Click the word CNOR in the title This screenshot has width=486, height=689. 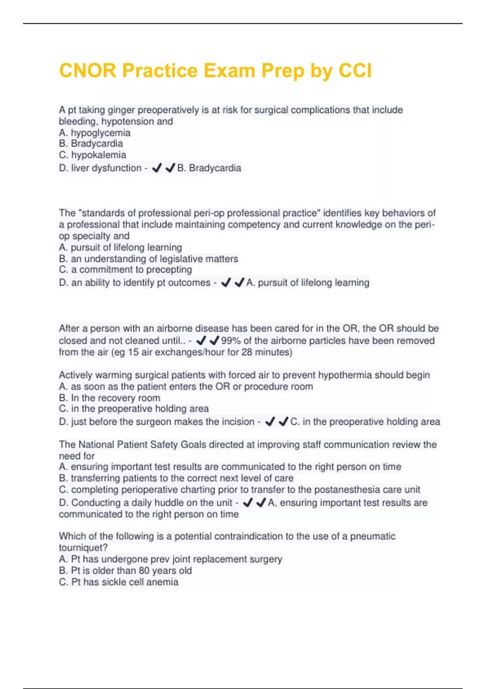(x=87, y=71)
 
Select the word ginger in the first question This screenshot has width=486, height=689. (x=121, y=110)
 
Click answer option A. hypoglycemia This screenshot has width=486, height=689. (x=95, y=133)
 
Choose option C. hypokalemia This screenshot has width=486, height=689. (x=92, y=155)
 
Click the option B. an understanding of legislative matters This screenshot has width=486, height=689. (x=148, y=259)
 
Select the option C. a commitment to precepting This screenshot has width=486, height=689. (x=125, y=270)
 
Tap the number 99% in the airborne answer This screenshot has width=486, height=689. (x=231, y=340)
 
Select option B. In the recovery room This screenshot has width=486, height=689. (x=109, y=398)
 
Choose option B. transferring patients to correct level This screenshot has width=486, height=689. (x=176, y=478)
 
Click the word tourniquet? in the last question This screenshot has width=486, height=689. (x=83, y=548)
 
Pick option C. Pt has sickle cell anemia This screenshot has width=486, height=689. (x=118, y=582)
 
